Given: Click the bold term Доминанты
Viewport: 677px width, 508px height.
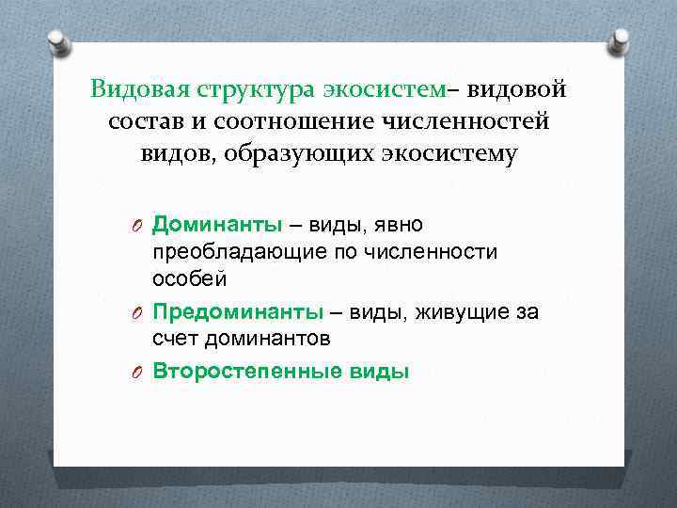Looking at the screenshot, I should click(216, 225).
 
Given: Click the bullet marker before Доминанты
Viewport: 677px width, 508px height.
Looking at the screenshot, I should click(137, 226).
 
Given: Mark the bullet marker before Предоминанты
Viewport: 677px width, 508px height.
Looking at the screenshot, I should click(137, 312).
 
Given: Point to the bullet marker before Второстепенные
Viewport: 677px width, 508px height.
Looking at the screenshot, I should click(137, 371).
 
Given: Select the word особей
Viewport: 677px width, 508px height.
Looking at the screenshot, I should click(189, 279).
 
